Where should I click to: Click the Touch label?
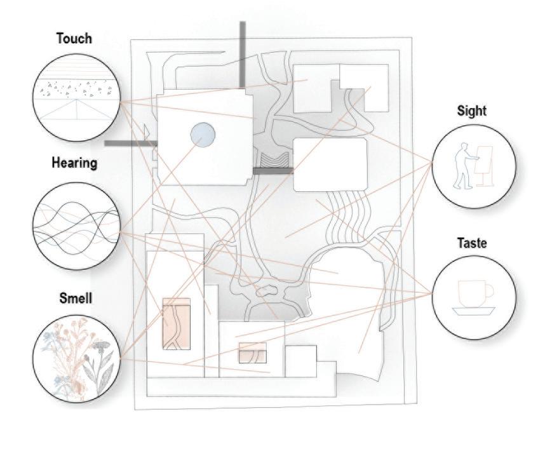click(x=74, y=39)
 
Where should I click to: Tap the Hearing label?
click(x=74, y=163)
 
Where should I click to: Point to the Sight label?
click(x=471, y=111)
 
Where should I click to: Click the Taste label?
click(x=471, y=243)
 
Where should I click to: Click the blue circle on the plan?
click(x=203, y=135)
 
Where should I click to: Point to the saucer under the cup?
click(x=473, y=311)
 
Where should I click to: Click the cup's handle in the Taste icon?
click(x=488, y=292)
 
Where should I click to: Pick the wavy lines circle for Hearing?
click(x=76, y=226)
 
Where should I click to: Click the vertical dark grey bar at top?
click(x=242, y=55)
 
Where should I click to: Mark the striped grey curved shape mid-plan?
click(x=274, y=161)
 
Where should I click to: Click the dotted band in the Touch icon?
click(x=76, y=89)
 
